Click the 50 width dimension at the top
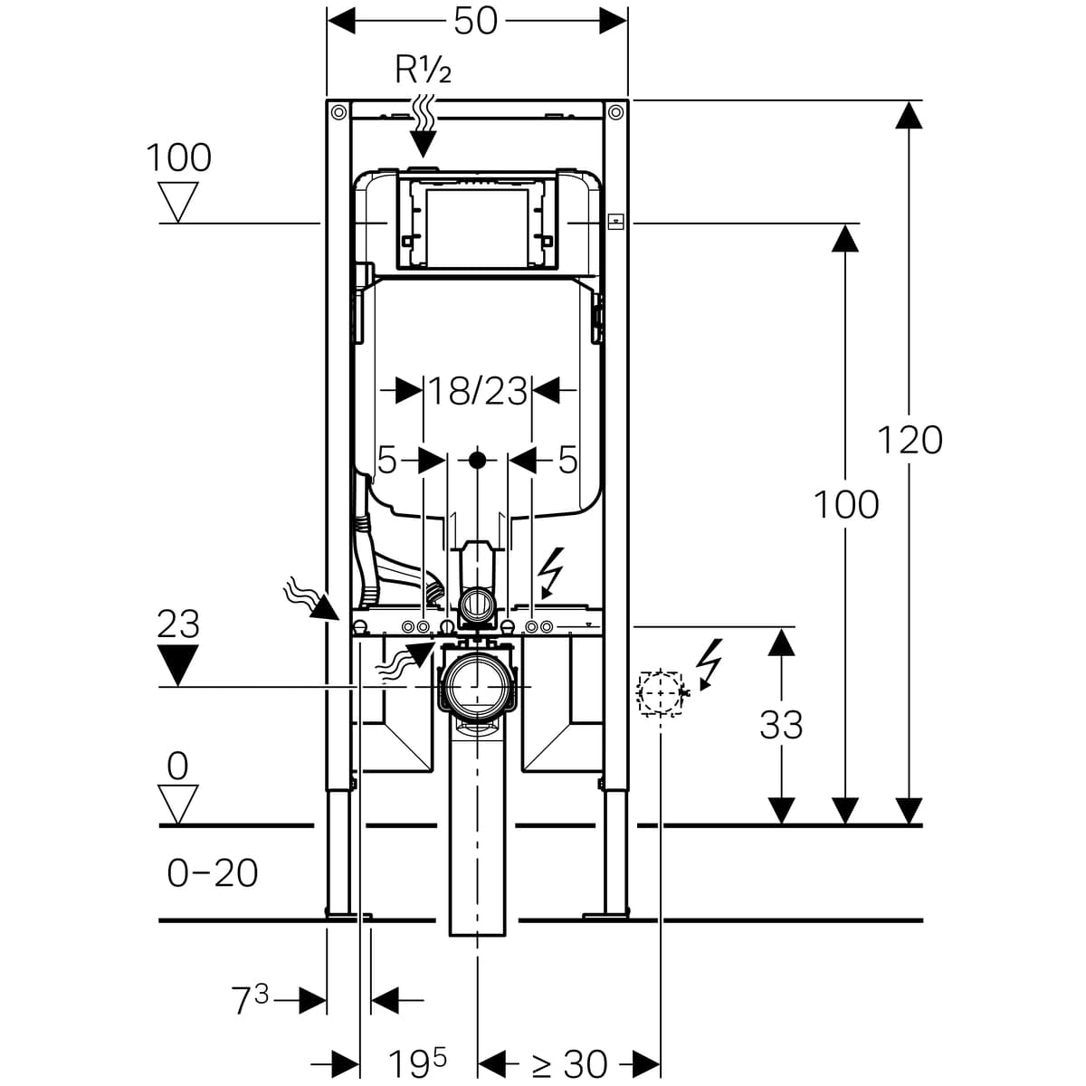pos(475,22)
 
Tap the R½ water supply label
pos(423,71)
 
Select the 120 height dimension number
pos(910,440)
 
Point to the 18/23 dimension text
pos(478,391)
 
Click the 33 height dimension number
pos(781,725)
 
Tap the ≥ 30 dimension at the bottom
pos(569,1064)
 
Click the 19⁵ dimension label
pos(417,1062)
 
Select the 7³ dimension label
pos(250,1001)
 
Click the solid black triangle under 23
pos(178,664)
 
